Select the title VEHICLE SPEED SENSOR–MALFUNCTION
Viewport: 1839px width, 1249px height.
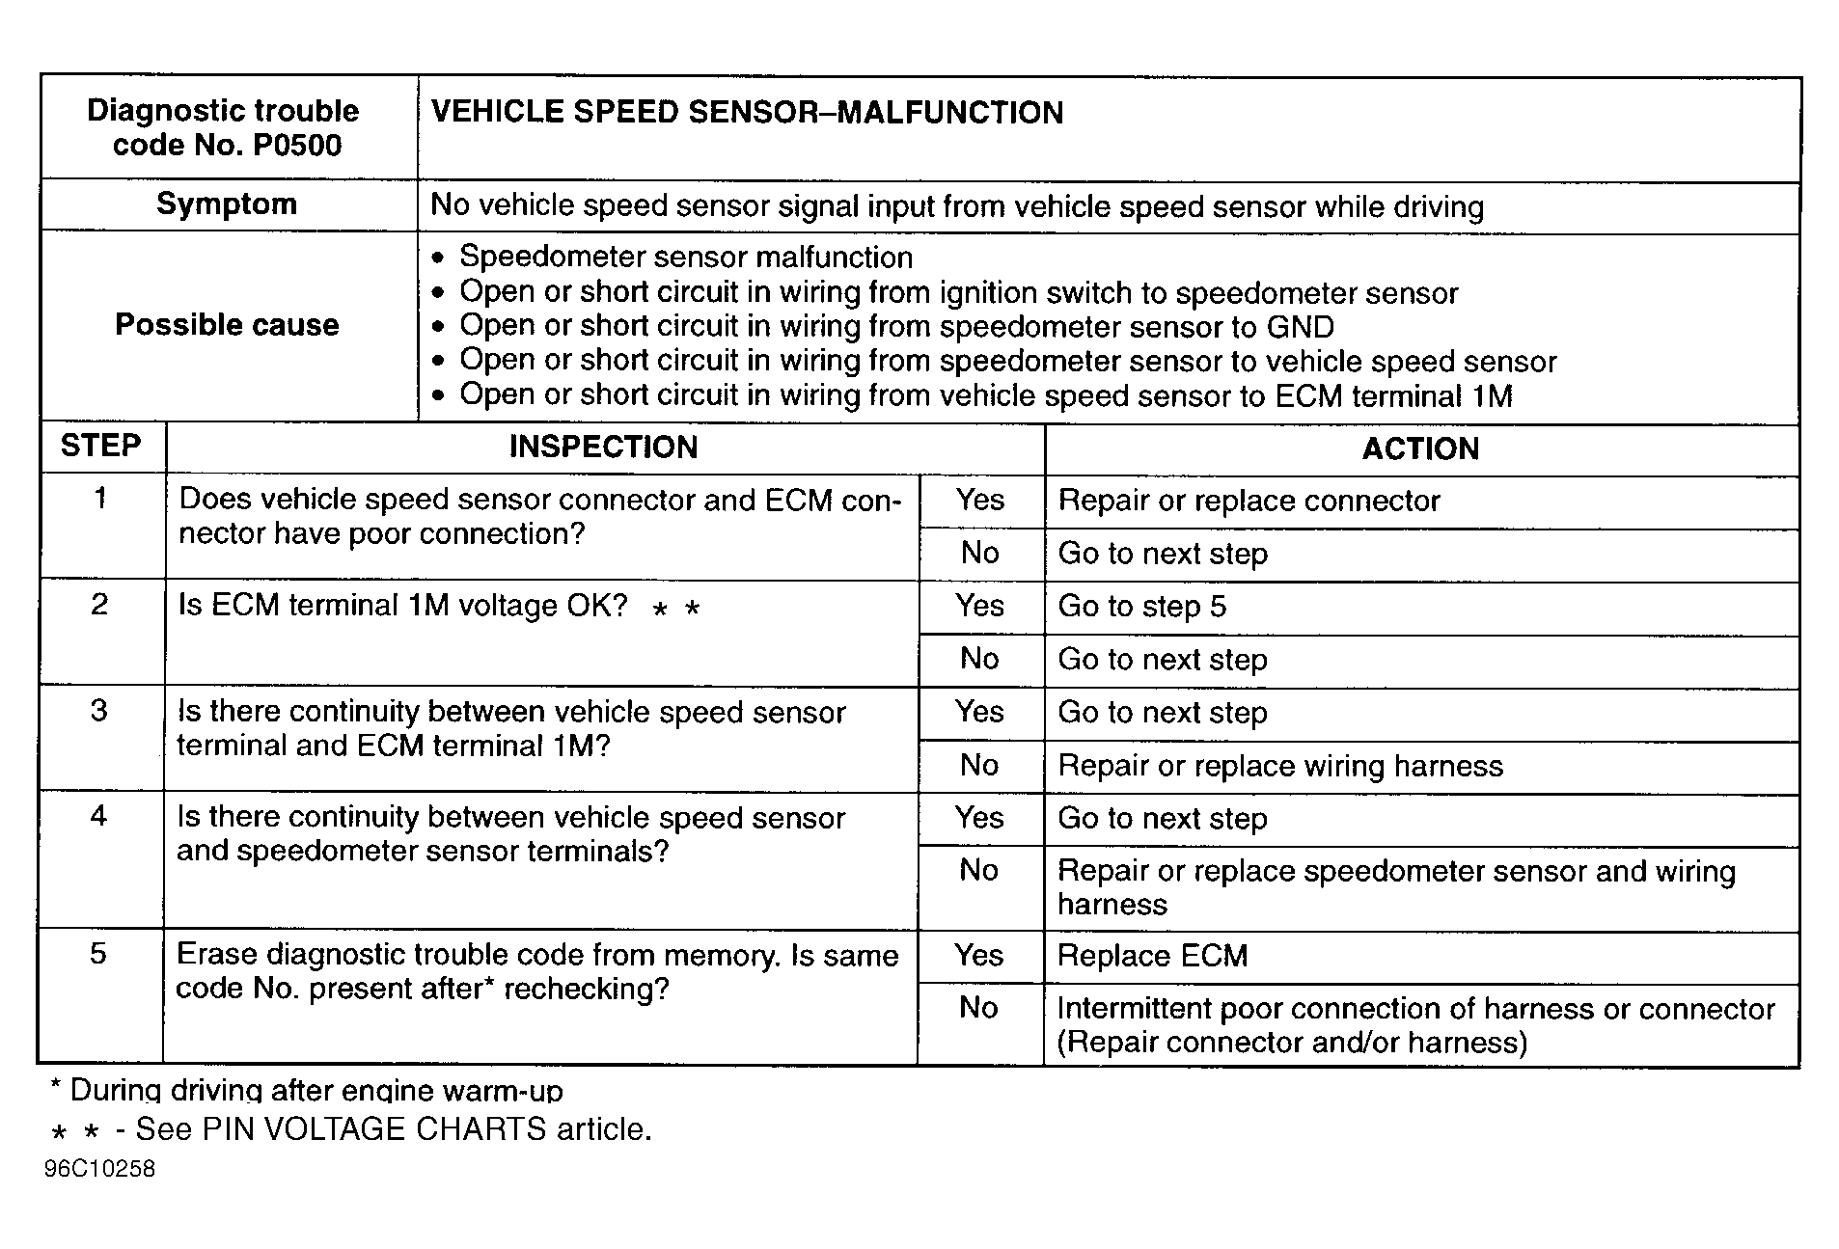click(746, 113)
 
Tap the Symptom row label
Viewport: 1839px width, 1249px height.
click(227, 204)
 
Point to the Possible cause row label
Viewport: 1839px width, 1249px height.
click(227, 325)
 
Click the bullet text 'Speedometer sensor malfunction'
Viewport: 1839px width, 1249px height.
click(685, 258)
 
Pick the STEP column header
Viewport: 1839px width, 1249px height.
click(100, 446)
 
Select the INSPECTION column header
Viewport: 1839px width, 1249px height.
click(603, 447)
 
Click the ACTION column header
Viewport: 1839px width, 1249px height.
click(1420, 448)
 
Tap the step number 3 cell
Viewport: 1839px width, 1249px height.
click(99, 711)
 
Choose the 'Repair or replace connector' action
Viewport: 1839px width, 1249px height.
click(1249, 501)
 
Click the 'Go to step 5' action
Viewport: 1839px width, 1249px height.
click(1141, 607)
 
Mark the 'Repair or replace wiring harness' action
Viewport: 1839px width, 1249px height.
click(1280, 766)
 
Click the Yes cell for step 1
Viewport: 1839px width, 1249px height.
click(980, 500)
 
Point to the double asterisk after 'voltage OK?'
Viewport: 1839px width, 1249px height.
click(675, 610)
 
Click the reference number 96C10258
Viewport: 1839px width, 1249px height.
click(99, 1169)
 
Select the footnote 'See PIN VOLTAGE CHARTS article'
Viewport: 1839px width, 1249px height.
click(393, 1129)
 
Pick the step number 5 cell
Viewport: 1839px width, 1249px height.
click(98, 954)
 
